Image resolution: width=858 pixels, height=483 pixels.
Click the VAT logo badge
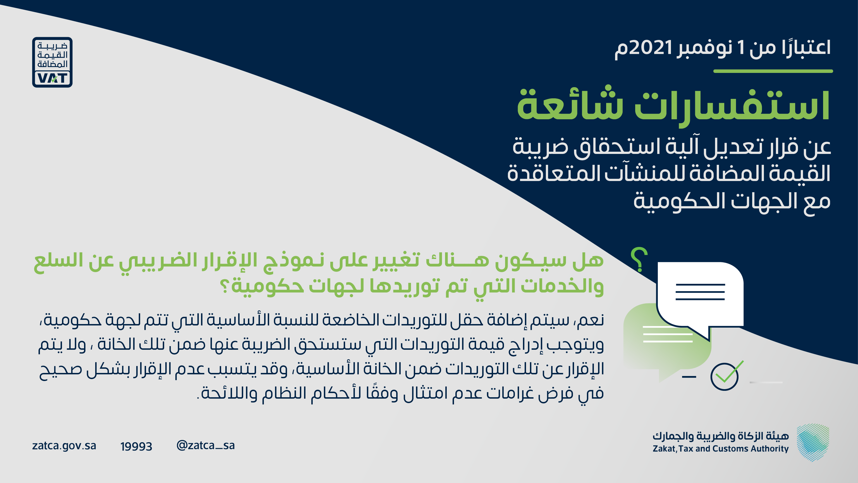(52, 62)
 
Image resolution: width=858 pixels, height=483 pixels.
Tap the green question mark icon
(639, 259)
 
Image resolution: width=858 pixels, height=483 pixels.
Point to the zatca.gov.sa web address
(64, 446)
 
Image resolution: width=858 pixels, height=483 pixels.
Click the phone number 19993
(136, 446)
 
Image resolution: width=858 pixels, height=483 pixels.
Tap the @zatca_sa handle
(205, 445)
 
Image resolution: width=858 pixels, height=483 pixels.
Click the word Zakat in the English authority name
(664, 449)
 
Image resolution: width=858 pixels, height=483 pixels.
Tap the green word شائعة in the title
(570, 103)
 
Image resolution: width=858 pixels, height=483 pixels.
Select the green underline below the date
(773, 71)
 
